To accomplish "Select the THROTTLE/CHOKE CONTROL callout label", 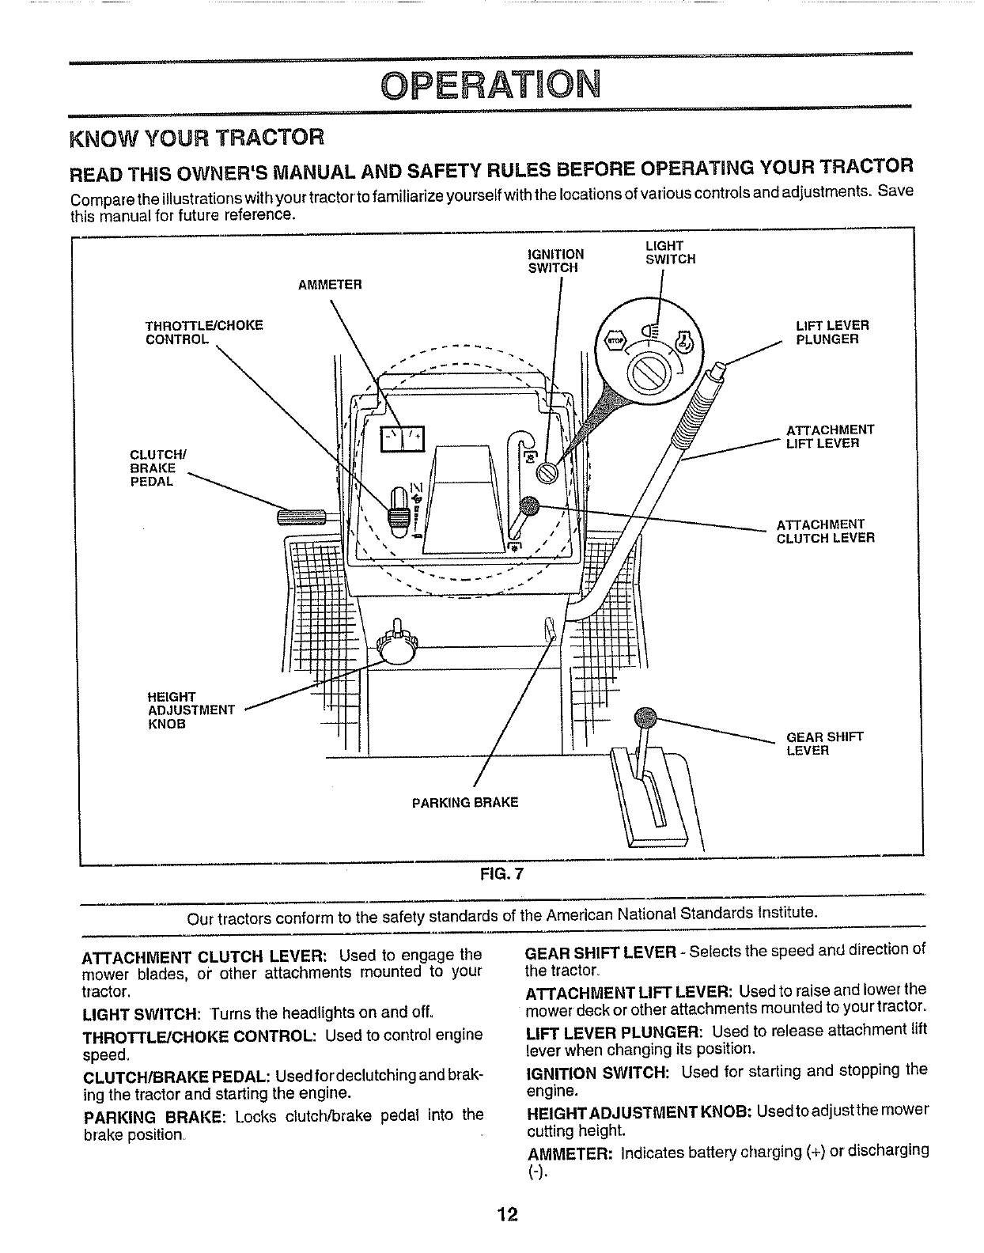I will (204, 332).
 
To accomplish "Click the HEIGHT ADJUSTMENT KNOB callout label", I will (191, 710).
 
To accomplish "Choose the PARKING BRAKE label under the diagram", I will (465, 802).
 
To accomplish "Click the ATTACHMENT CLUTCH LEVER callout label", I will (825, 531).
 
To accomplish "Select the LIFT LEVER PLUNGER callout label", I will (831, 332).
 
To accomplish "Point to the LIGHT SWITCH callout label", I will (670, 252).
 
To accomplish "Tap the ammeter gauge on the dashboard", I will (403, 437).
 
